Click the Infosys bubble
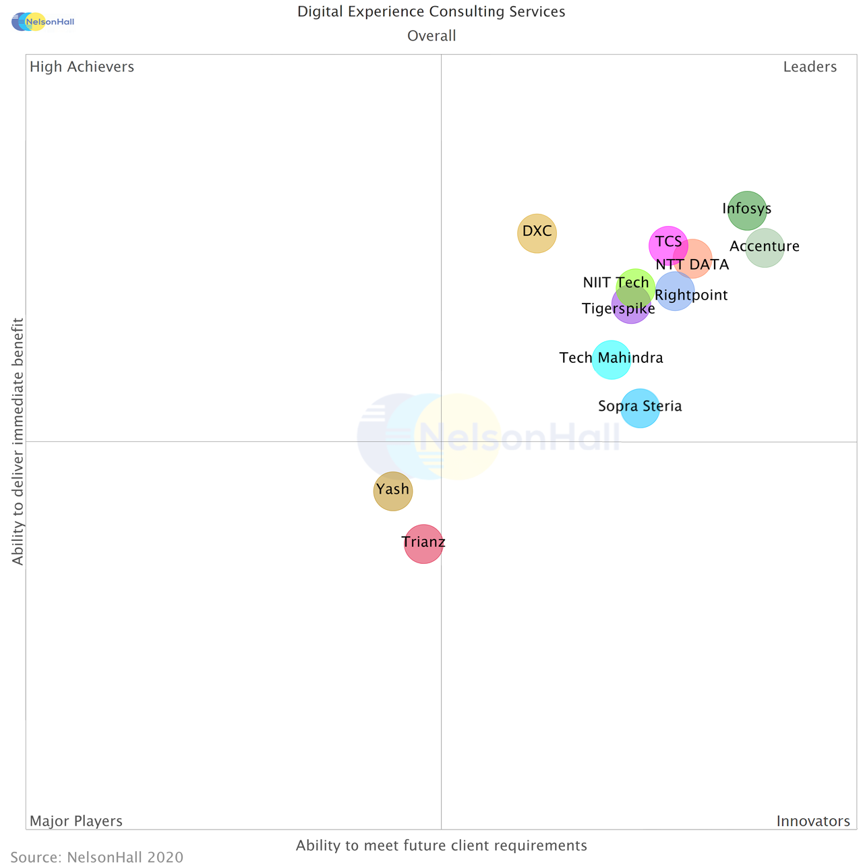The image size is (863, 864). point(747,210)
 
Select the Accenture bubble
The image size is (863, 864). point(765,248)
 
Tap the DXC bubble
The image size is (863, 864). point(537,233)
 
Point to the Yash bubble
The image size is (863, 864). point(393,491)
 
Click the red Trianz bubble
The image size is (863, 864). point(423,544)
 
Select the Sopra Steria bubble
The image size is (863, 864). point(640,408)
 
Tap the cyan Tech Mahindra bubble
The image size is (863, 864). point(612,359)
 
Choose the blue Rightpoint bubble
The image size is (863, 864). point(675,291)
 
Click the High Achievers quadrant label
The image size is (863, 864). point(82,67)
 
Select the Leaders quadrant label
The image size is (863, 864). point(810,67)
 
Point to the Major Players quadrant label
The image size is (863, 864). point(76,821)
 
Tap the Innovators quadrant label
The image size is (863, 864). point(813,821)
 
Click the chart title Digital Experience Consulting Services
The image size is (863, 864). point(431,11)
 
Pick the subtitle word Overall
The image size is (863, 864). point(431,36)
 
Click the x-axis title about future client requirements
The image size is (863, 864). point(442,845)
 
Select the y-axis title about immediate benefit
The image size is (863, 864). point(18,442)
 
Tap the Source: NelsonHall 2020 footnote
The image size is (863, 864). point(97,857)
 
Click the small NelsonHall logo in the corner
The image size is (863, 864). point(42,22)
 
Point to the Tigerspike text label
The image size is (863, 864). point(618,309)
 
